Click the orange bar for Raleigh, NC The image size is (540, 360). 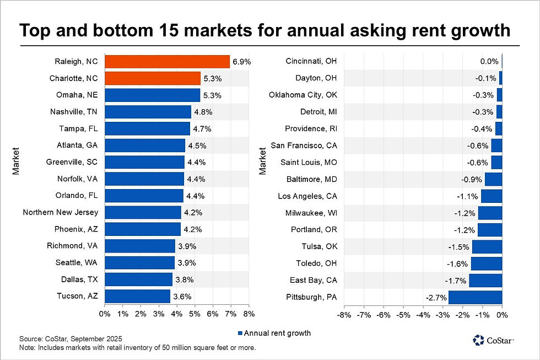[167, 62]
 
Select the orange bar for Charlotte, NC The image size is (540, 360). [152, 78]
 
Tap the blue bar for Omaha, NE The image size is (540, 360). [152, 95]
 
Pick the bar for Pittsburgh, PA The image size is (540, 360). [475, 298]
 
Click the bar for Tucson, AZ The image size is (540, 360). [137, 296]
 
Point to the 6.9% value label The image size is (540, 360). [241, 62]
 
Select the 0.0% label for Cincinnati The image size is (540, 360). [489, 62]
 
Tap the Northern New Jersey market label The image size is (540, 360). [61, 212]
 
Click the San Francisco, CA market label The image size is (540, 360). [304, 146]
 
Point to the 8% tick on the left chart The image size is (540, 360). [249, 314]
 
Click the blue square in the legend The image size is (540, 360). [239, 333]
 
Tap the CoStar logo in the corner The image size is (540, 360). [493, 340]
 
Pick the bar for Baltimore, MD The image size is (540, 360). [493, 179]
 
